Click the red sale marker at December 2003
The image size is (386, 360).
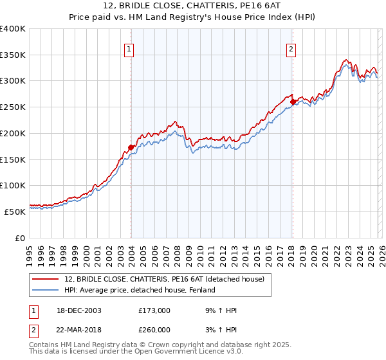point(131,147)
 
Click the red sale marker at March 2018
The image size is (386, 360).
point(293,102)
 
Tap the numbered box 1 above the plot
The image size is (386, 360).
point(129,48)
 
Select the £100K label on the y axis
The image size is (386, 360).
point(14,185)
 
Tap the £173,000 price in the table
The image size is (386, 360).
point(154,310)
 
